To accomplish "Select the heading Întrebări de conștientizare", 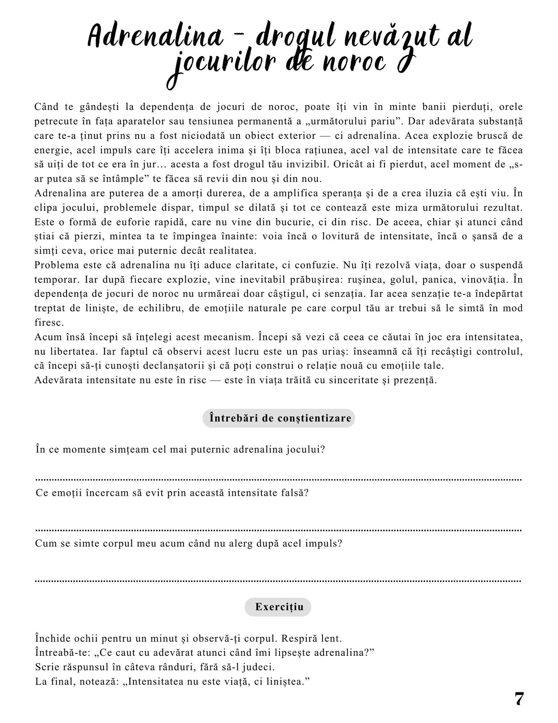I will point(279,418).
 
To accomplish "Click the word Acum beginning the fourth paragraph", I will point(48,337).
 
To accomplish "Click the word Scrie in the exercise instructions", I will point(46,667).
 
